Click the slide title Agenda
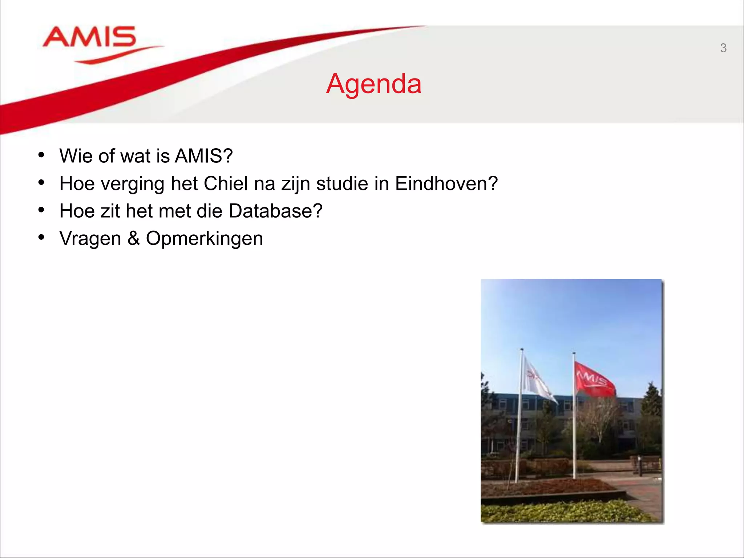pos(374,84)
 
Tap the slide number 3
pos(723,48)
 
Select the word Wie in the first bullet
pos(76,156)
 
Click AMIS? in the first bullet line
pos(203,156)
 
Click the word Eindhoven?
pos(446,183)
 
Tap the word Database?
pos(275,211)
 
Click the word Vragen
pos(90,239)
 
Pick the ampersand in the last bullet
pos(133,239)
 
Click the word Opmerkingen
pos(204,239)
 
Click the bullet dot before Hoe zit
pos(41,210)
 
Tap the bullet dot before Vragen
pos(41,238)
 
